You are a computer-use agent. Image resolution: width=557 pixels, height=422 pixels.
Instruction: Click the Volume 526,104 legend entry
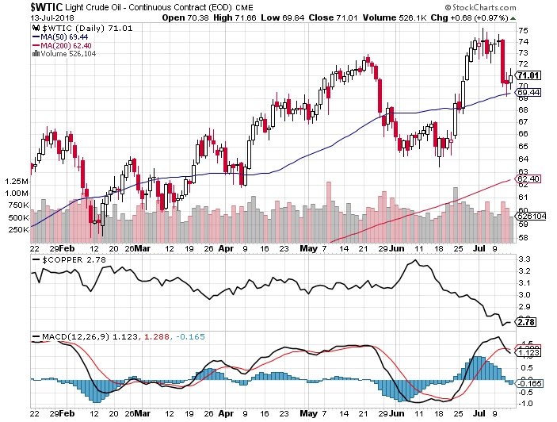click(67, 54)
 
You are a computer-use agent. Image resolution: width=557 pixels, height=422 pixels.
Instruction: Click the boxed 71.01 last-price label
click(528, 75)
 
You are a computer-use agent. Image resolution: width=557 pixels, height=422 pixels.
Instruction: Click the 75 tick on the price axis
click(523, 30)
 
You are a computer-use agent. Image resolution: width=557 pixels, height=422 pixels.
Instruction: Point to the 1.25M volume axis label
click(17, 182)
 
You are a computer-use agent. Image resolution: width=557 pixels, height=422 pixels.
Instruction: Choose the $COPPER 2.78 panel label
click(61, 260)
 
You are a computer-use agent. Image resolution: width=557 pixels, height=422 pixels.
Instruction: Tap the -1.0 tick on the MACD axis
click(525, 401)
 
